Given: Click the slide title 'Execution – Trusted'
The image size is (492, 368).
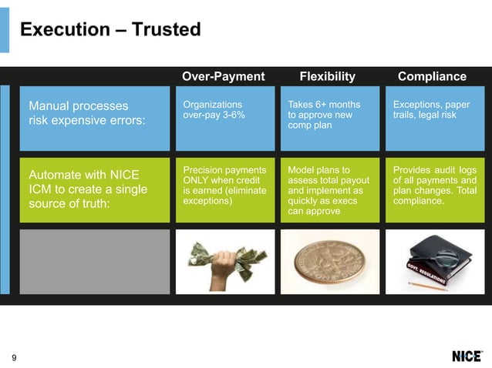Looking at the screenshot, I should pyautogui.click(x=110, y=30).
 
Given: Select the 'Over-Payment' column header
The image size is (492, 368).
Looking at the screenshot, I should pyautogui.click(x=223, y=76).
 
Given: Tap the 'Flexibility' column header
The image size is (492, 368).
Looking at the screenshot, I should pyautogui.click(x=327, y=76).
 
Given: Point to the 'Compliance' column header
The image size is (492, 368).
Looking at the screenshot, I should pyautogui.click(x=432, y=76).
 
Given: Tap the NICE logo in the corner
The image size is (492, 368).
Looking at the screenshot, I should pyautogui.click(x=467, y=356).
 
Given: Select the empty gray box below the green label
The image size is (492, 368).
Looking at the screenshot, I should pyautogui.click(x=94, y=261).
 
